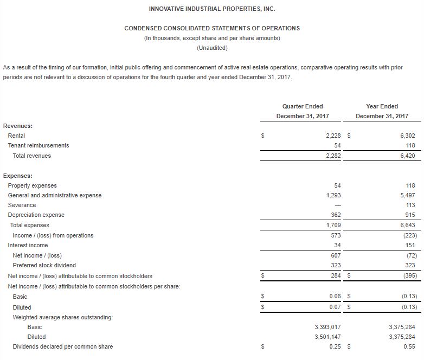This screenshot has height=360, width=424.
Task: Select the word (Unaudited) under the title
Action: [x=211, y=48]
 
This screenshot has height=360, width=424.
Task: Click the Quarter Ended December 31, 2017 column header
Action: [x=303, y=111]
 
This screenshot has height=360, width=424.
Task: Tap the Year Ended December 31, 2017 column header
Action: [x=382, y=111]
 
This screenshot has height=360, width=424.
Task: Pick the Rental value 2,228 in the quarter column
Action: [x=332, y=136]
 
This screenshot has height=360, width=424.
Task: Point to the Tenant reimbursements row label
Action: [x=38, y=145]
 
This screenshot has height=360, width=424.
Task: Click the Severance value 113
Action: [x=410, y=205]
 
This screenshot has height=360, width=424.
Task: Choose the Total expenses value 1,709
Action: [x=332, y=225]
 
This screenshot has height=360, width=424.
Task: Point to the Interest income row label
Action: [x=28, y=245]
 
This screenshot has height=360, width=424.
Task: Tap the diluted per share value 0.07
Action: [x=334, y=307]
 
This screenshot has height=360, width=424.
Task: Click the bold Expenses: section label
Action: [x=18, y=176]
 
